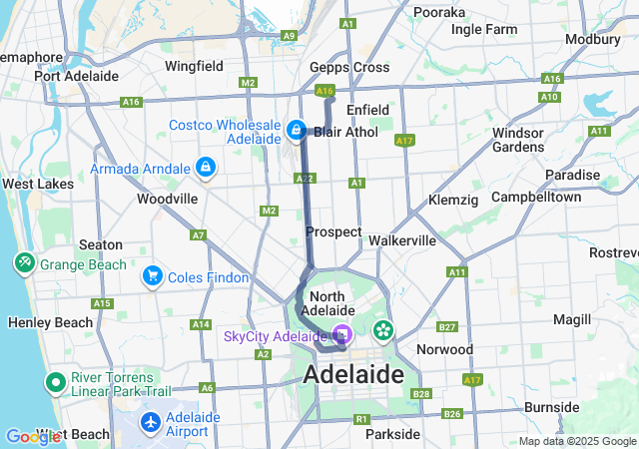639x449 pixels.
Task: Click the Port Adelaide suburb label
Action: [x=76, y=76]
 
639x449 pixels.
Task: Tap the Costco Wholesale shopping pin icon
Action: [x=297, y=130]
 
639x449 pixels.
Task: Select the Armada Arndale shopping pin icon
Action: [x=206, y=167]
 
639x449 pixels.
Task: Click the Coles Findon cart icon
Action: [x=153, y=275]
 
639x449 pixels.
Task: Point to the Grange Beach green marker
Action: [x=23, y=263]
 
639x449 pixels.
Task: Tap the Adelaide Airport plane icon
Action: [x=151, y=423]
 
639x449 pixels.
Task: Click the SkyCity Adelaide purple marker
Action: [x=342, y=336]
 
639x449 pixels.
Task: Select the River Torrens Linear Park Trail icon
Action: [x=55, y=383]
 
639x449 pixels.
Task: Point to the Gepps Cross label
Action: [x=349, y=67]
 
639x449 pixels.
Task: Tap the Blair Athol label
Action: [x=343, y=132]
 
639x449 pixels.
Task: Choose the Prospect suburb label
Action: [x=333, y=231]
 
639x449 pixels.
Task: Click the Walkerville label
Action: [x=402, y=240]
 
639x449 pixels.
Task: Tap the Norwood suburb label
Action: [x=445, y=349]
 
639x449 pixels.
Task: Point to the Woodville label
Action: [x=167, y=199]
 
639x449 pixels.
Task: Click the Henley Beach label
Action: [x=50, y=322]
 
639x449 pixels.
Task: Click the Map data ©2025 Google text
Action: [x=576, y=441]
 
